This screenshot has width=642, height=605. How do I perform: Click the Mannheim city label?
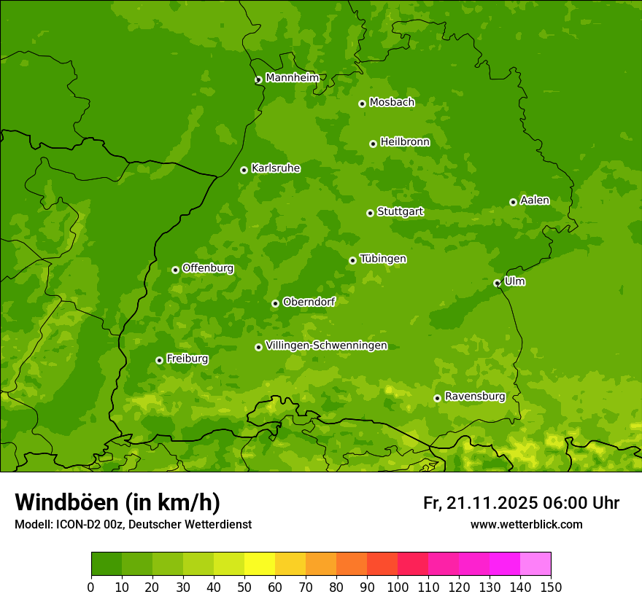pos(292,78)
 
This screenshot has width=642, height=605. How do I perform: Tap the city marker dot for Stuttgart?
pos(371,213)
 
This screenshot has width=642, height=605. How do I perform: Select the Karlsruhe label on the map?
pos(275,168)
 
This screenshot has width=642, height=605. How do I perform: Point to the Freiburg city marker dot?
pos(159,360)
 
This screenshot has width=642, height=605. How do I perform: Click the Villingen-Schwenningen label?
pos(326,346)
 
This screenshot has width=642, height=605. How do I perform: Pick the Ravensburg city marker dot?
pos(437,398)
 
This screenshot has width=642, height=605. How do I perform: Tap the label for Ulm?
pos(514,281)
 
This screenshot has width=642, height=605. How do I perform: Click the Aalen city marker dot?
pos(513,202)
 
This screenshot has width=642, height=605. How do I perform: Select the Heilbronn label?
pos(405,142)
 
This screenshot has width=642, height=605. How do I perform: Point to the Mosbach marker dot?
pos(362,104)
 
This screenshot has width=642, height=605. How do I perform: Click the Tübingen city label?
pos(383,259)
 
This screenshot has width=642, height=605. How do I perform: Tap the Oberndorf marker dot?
pos(275,303)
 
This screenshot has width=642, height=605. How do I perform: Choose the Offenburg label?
pos(208,268)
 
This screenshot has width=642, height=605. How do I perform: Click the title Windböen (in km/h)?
pos(117,502)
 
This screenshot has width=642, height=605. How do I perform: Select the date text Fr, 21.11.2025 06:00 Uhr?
pos(521,503)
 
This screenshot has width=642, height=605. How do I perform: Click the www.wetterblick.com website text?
pos(526,524)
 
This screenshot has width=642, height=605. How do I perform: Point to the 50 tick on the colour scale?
pos(244,587)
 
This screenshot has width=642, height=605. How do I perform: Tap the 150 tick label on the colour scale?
pos(551,587)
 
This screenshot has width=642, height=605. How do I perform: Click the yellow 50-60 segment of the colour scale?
pos(260,564)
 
